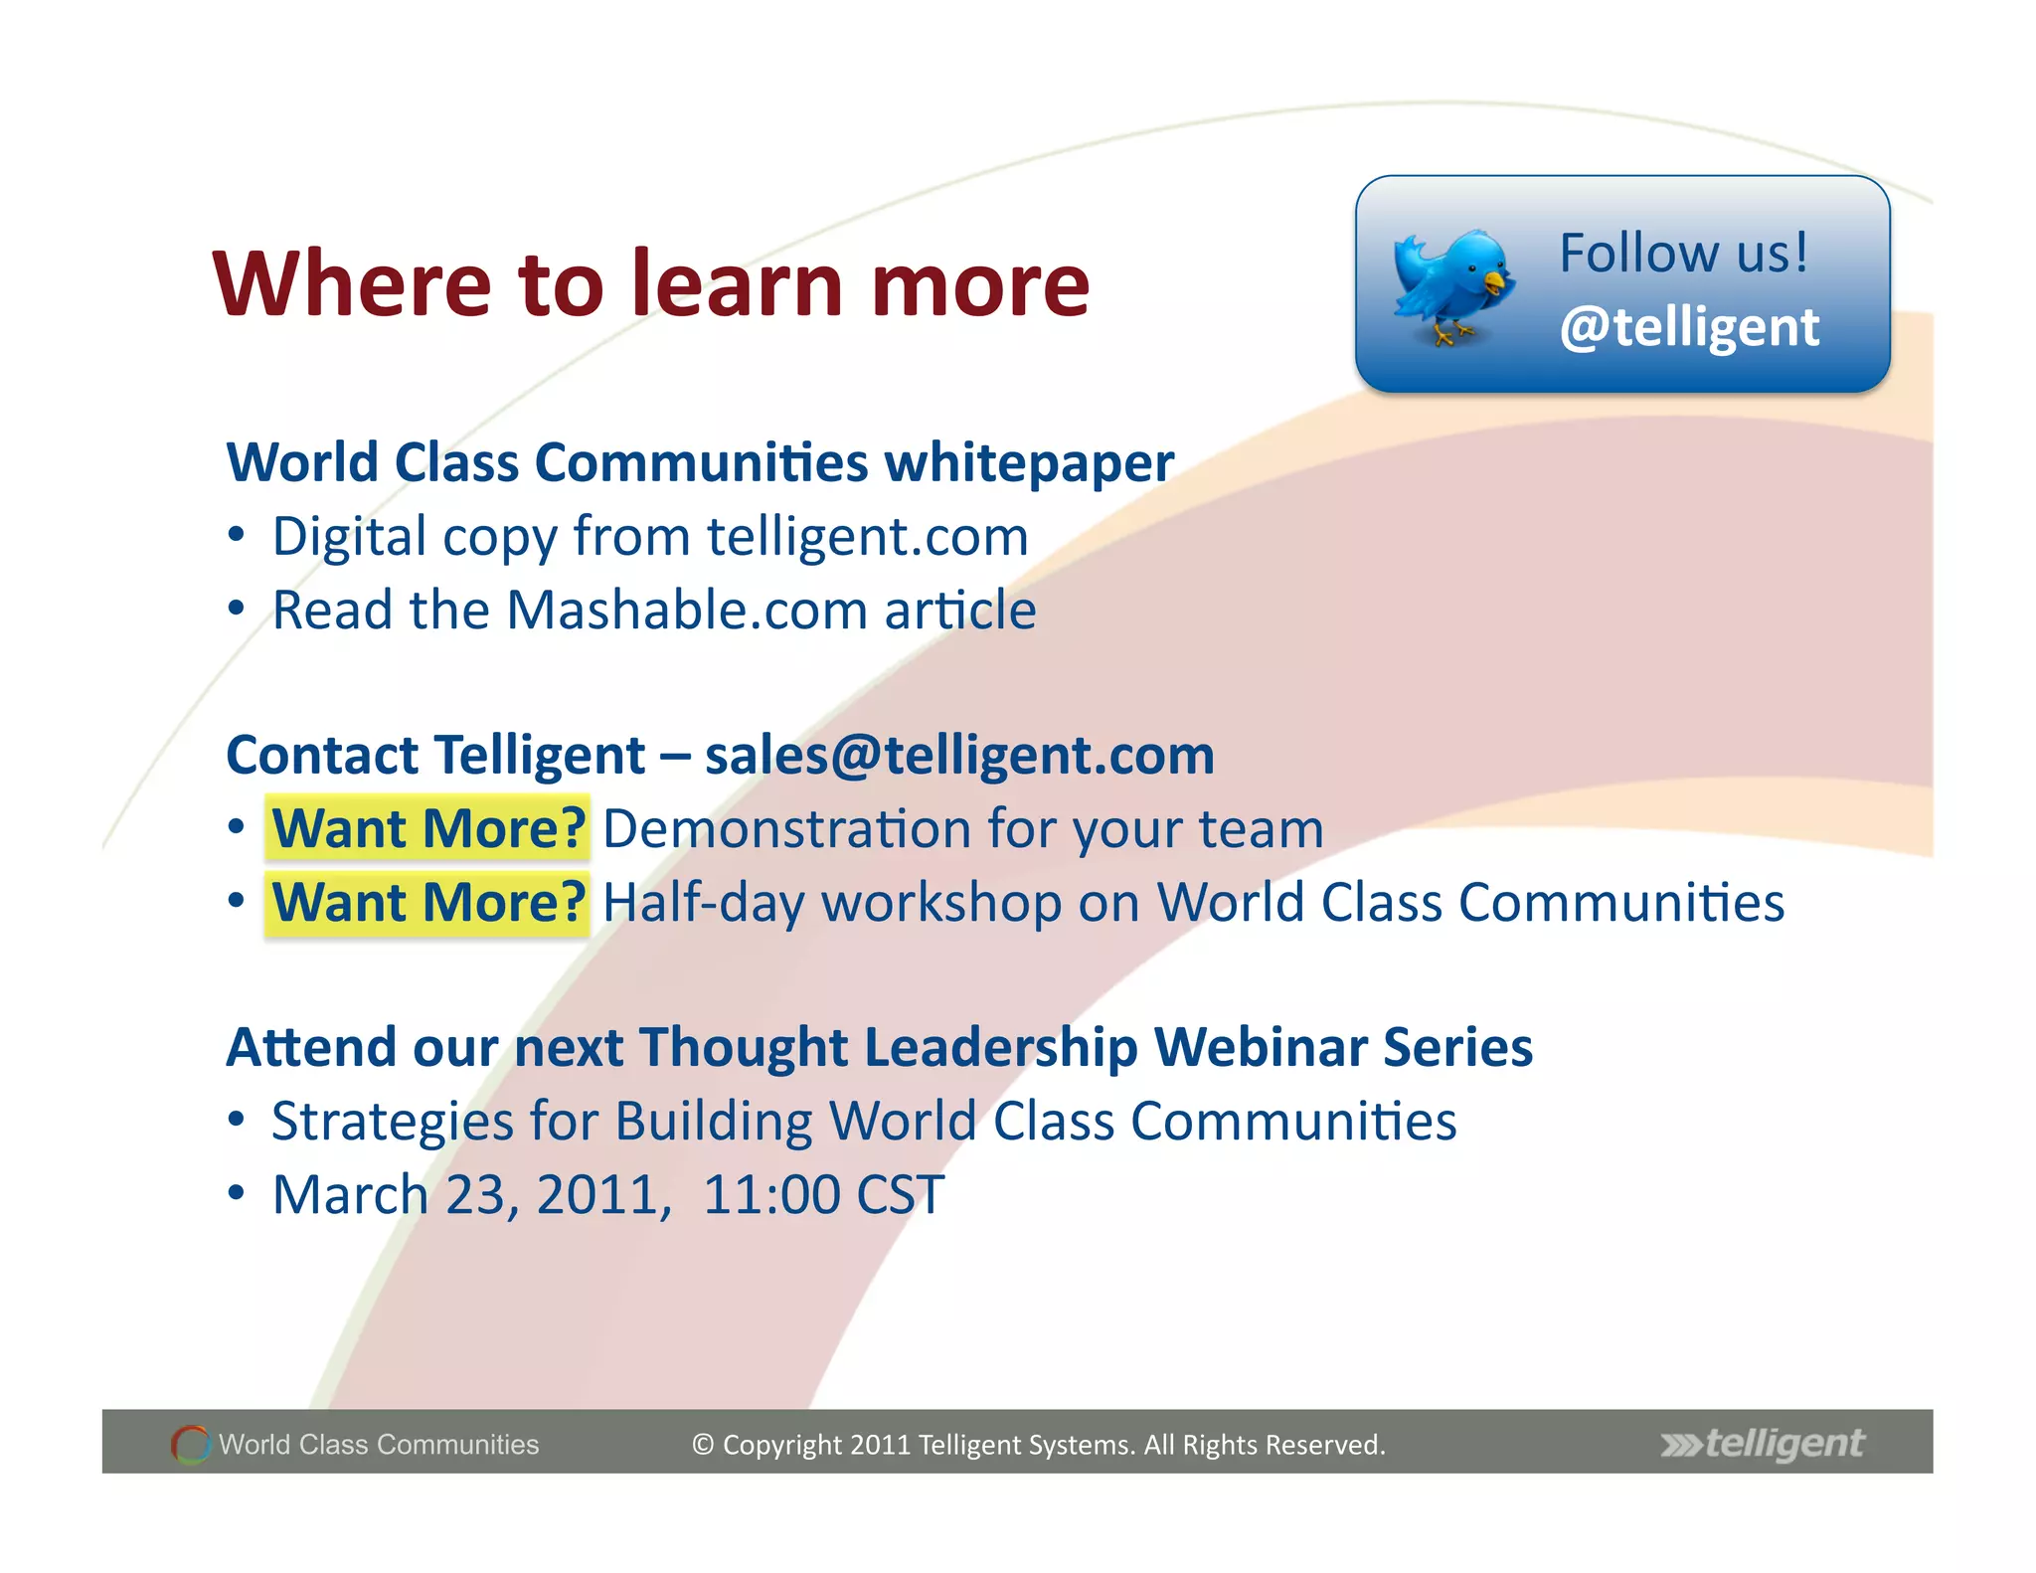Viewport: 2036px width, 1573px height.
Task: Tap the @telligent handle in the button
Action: coord(1689,328)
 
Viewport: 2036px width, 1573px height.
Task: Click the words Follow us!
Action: coord(1683,253)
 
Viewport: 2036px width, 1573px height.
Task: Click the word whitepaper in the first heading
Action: coord(1029,463)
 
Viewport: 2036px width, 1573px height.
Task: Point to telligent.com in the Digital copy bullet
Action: coord(867,537)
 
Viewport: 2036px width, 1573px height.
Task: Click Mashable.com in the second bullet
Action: coord(687,611)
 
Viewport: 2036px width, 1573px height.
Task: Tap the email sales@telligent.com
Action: coord(959,756)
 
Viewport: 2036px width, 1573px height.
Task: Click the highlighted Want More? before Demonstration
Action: coord(428,828)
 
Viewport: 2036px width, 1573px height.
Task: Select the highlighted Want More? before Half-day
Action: coord(428,903)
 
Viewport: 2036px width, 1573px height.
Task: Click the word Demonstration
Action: coord(786,829)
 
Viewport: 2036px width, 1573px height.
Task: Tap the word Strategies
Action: coord(392,1122)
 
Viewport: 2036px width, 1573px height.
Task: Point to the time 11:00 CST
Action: coord(823,1195)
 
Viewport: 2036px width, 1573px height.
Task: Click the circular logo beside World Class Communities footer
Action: coord(191,1444)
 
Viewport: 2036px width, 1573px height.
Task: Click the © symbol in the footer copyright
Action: coord(703,1445)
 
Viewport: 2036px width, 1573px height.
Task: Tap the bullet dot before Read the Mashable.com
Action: coord(236,608)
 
